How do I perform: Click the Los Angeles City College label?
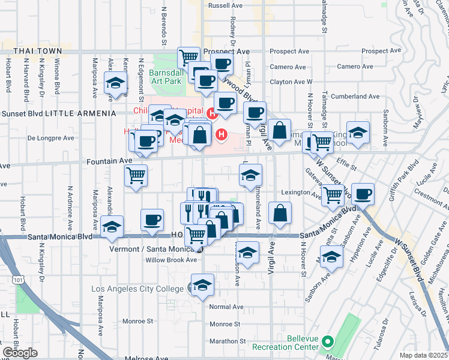click(x=137, y=289)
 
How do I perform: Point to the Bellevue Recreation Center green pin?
click(x=327, y=343)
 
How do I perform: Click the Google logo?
click(x=20, y=353)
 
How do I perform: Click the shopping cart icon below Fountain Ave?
click(x=136, y=176)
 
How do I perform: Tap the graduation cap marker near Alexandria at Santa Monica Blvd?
click(x=112, y=227)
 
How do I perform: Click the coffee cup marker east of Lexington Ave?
click(x=363, y=194)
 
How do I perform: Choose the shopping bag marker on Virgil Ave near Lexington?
click(x=280, y=212)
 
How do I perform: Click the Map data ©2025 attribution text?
click(x=424, y=355)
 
